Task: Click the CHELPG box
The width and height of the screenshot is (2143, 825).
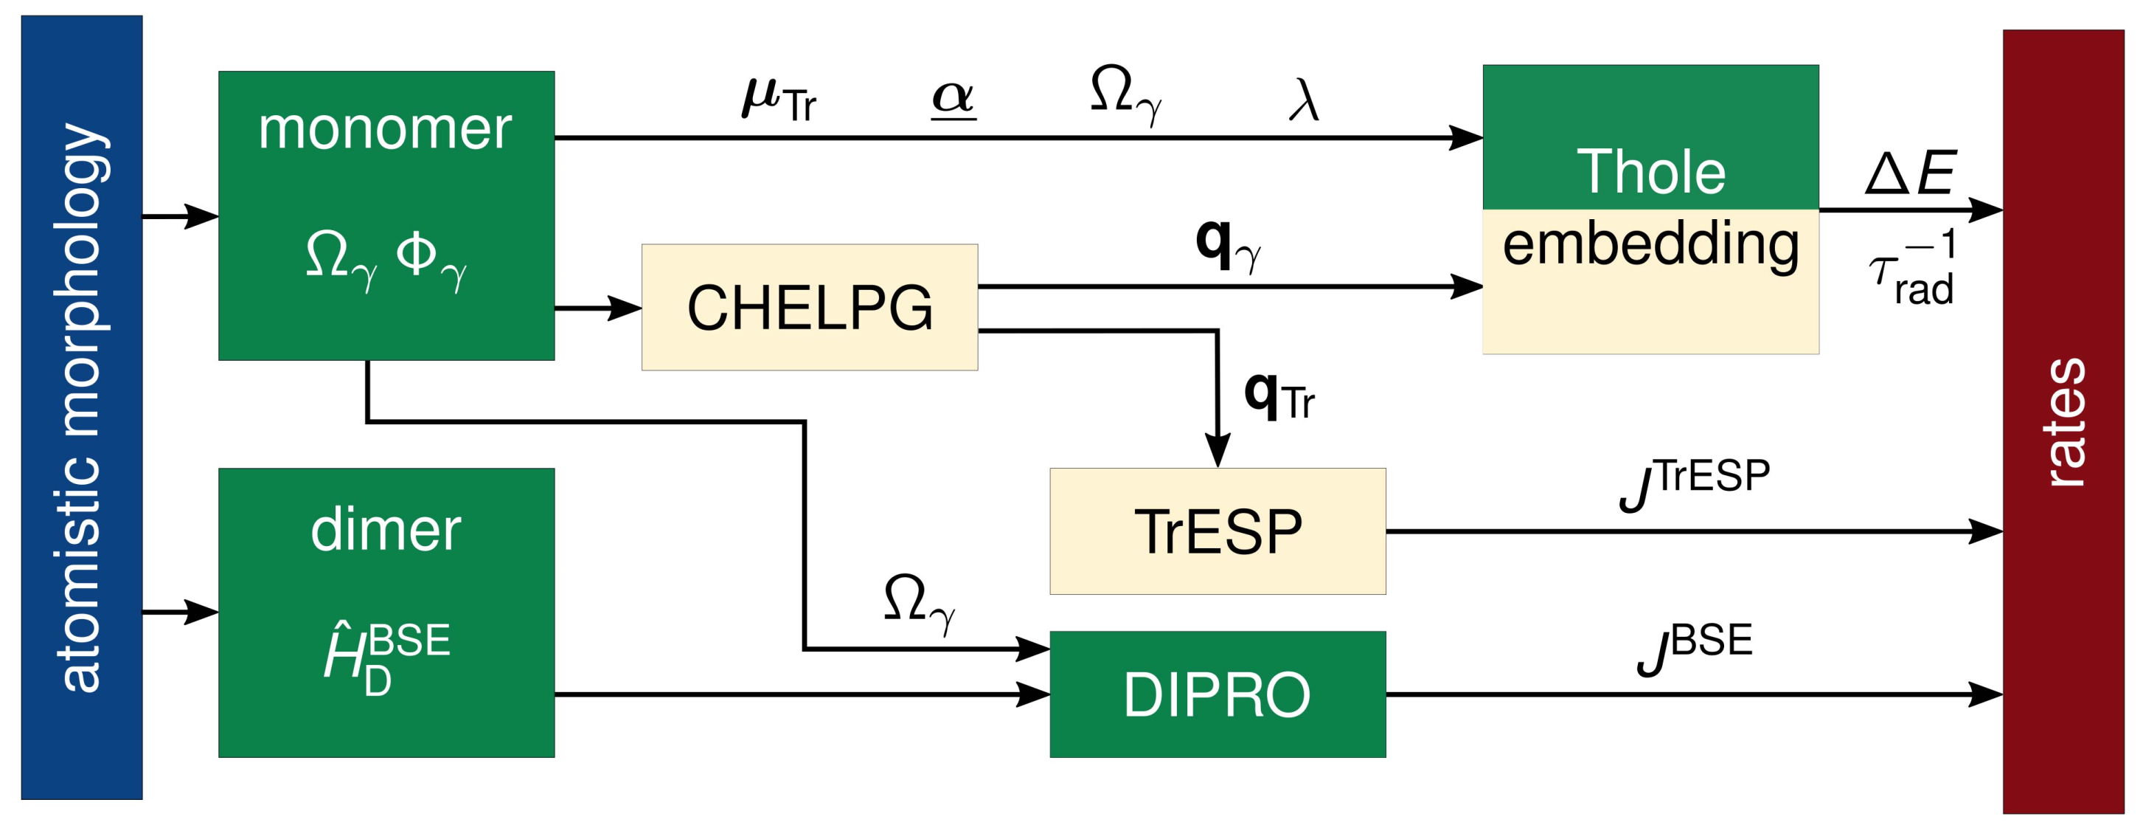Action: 809,307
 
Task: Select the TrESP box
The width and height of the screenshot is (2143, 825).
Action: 1217,531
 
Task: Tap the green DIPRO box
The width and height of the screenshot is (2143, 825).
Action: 1217,694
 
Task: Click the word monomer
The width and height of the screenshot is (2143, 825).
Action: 385,129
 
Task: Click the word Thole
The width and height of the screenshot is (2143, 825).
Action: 1650,173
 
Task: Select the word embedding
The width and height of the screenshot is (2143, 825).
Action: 1650,244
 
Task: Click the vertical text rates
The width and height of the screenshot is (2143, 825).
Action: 2065,421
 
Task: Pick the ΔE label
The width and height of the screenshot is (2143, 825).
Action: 1910,173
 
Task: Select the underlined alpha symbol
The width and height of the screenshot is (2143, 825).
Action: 953,98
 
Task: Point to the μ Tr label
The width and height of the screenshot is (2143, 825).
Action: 779,100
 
